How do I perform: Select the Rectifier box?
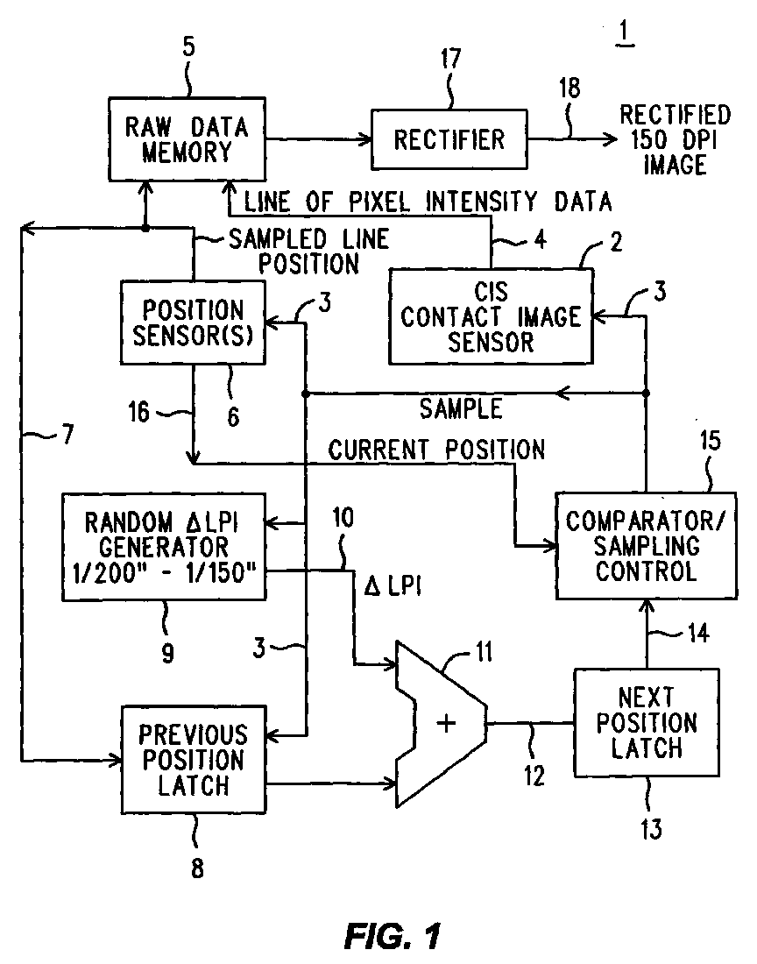coord(449,139)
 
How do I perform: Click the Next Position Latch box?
coord(647,723)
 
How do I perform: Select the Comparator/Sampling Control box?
coord(647,546)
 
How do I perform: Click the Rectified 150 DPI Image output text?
coord(675,139)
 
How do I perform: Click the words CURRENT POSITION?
coord(436,450)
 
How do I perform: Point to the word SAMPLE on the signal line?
coord(461,409)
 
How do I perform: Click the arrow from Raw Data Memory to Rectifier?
coord(320,139)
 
